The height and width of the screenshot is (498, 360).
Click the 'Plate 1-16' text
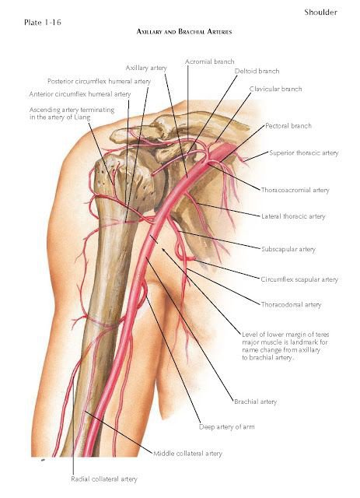[42, 23]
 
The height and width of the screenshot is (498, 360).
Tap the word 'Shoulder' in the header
[320, 12]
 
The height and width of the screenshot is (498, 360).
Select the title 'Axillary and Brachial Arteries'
[184, 31]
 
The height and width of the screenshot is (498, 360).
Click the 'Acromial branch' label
[209, 61]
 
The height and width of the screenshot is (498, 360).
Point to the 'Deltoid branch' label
[257, 71]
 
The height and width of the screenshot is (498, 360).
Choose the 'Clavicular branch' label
[275, 89]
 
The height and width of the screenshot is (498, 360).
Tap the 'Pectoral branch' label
[288, 126]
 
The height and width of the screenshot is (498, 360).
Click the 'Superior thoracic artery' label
[304, 153]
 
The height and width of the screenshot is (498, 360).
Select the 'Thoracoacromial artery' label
[295, 190]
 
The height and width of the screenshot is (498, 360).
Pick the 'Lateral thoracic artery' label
[293, 216]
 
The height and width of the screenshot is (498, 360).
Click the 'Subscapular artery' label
[288, 249]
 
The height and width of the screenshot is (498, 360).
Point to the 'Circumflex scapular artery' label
[299, 279]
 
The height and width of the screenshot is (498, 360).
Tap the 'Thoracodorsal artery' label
[291, 305]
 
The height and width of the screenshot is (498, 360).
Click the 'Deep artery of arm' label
[227, 427]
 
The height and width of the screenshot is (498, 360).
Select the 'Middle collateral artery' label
[187, 454]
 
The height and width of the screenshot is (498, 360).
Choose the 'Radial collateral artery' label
[104, 479]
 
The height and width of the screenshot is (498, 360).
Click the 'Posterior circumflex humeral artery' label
[99, 81]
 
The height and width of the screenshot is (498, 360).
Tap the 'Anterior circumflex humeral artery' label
[80, 94]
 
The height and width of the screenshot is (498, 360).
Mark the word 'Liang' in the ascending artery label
[82, 117]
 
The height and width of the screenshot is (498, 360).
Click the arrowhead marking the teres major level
[163, 251]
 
